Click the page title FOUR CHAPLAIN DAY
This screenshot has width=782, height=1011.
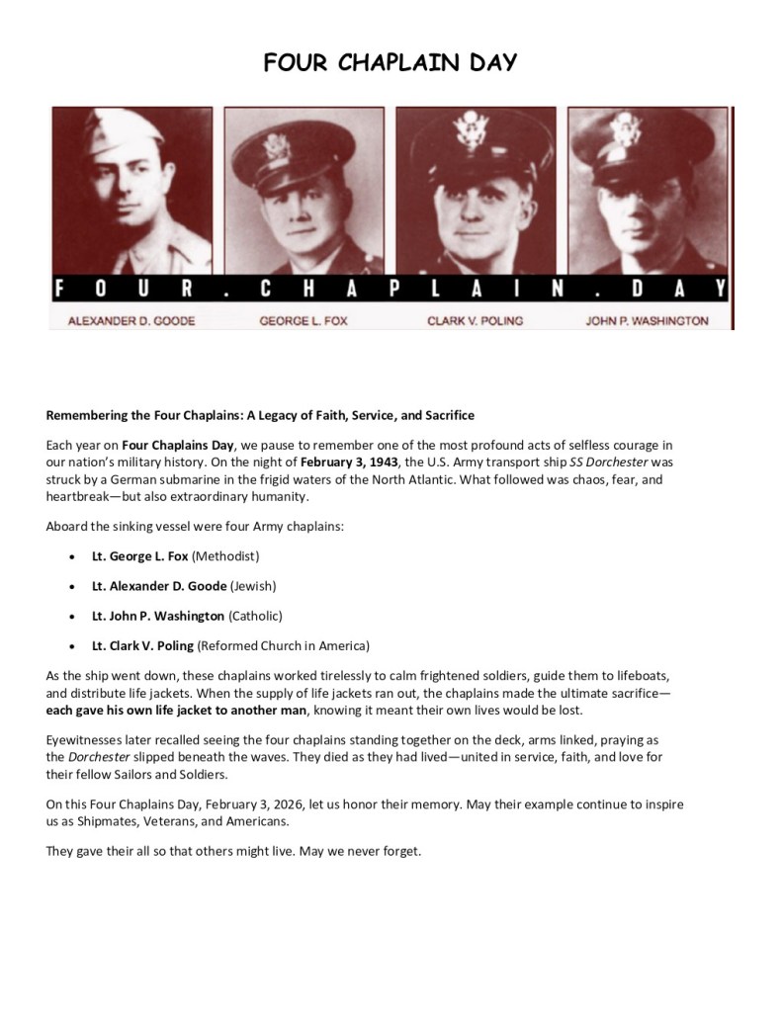point(391,63)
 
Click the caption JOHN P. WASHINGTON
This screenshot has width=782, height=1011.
point(647,321)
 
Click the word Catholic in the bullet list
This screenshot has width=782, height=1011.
point(255,616)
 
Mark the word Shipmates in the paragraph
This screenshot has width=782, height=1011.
point(119,820)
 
